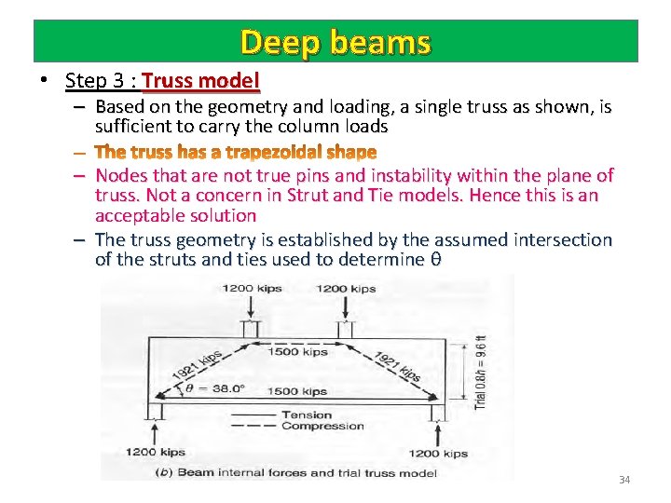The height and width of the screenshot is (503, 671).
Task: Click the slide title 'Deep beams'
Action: click(335, 42)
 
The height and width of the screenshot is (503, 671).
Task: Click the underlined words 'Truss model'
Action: click(200, 80)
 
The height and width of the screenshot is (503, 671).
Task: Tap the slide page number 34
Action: click(624, 480)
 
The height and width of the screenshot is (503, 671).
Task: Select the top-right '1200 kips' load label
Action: click(346, 289)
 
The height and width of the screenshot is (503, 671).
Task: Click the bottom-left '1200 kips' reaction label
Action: click(157, 453)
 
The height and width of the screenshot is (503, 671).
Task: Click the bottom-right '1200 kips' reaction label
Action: click(436, 453)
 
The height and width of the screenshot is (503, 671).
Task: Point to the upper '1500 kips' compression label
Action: click(297, 352)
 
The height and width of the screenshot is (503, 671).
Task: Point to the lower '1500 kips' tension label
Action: click(297, 392)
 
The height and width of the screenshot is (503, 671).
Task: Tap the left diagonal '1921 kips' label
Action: click(197, 367)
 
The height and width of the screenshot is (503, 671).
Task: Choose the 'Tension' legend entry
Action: click(307, 415)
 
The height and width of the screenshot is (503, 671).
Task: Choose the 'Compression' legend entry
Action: click(322, 427)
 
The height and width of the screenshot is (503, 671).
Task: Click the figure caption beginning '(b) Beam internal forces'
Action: click(294, 472)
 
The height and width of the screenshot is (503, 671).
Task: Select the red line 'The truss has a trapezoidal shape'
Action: click(236, 151)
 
